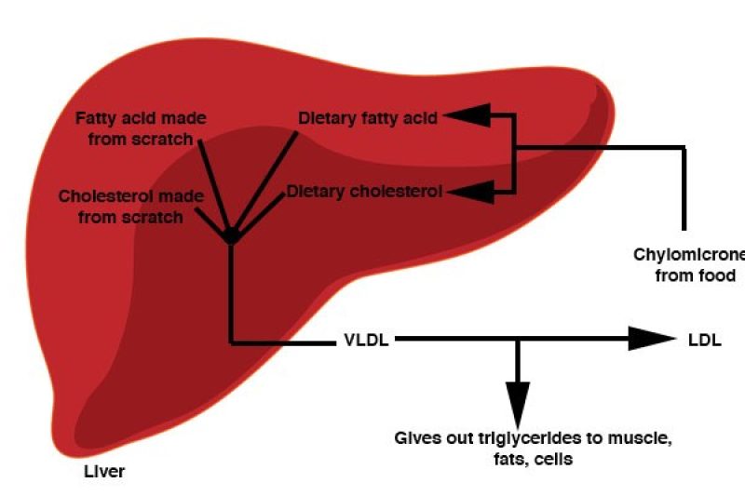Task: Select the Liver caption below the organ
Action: coord(102,472)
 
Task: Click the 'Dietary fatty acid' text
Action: coord(367,118)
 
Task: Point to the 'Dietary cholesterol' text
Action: coord(364,192)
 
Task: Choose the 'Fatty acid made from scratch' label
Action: coord(141,128)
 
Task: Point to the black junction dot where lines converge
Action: coord(231,235)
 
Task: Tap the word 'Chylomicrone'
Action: coord(689,254)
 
